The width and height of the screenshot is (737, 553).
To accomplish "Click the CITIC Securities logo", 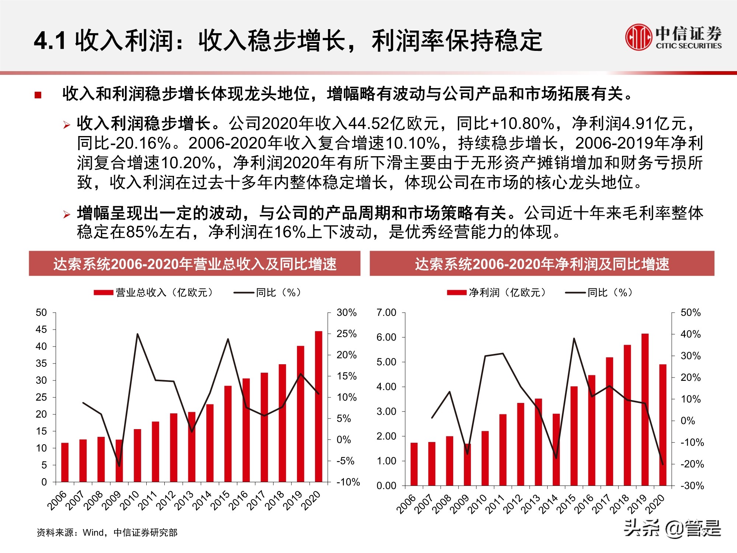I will pos(673,37).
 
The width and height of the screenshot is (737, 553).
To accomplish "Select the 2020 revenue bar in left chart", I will pos(318,406).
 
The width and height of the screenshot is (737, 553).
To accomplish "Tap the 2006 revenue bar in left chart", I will pos(65,462).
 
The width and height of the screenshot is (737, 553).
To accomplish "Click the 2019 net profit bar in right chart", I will pos(645,409).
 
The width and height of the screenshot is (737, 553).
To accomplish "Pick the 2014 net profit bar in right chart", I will pos(556,449).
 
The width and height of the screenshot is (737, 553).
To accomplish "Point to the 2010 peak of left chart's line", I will pos(137,334).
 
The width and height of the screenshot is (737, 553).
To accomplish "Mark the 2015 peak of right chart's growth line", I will pos(574,338).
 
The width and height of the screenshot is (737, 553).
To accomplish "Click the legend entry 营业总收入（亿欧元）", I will pos(154,293).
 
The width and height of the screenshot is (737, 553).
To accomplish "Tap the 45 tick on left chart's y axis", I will pos(41,330).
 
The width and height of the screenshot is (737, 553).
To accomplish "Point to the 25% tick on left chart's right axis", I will pos(346,334).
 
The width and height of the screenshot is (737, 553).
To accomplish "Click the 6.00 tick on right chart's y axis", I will pos(386,337).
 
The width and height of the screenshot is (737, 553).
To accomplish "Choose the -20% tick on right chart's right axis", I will pos(692,464).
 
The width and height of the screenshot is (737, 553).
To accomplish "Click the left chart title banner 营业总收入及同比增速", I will pos(195,264).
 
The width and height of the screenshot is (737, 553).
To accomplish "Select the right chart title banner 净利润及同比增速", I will pos(542,264).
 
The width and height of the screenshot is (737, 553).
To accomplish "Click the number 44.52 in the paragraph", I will pos(368,124).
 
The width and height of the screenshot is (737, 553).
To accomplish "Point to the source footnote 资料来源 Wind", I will pos(107,532).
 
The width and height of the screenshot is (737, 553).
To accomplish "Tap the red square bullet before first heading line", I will pos(38,95).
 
